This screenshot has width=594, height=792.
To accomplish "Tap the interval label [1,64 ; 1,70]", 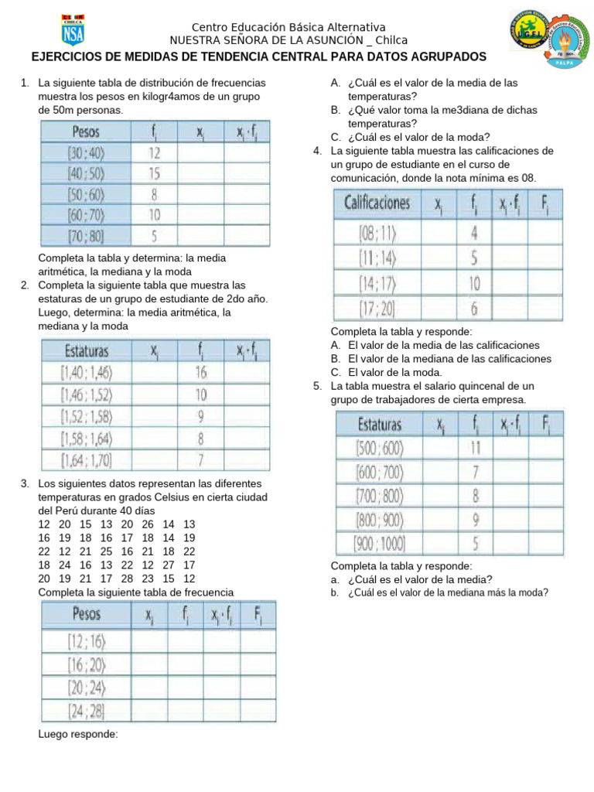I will [87, 462].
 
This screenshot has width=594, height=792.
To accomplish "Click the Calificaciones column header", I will [378, 203].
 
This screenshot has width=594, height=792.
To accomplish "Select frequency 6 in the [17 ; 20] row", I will [474, 309].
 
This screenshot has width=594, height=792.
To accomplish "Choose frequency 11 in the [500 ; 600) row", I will [475, 447].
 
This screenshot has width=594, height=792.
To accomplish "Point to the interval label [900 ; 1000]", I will [379, 544].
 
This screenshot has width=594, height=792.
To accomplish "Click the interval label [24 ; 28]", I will [87, 710].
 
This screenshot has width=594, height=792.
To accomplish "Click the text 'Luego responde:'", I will [78, 734].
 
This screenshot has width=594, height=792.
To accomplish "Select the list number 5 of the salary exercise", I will [317, 386].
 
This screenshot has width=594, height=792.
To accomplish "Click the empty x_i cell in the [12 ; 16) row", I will [148, 640].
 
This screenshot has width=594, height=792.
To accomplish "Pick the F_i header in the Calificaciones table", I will [545, 203].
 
